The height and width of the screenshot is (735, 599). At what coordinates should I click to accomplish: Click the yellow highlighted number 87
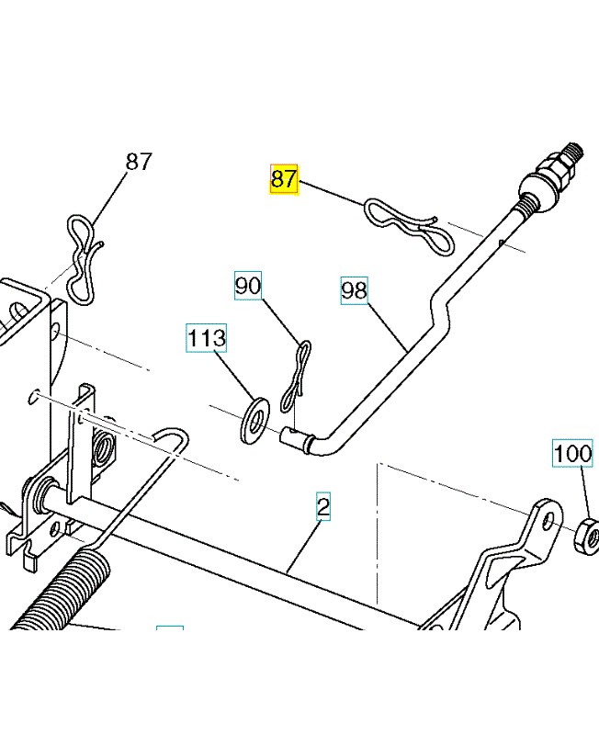coord(284,178)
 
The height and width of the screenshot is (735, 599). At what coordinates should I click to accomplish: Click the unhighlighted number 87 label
coord(138,163)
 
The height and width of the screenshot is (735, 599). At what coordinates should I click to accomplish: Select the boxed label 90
coord(248,287)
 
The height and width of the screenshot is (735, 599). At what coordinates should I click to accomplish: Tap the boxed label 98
coord(354,291)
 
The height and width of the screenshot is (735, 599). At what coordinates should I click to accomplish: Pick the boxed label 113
coord(206,338)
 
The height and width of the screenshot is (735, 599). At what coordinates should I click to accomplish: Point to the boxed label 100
coord(572,454)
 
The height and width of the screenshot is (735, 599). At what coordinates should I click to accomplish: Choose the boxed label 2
coord(323,505)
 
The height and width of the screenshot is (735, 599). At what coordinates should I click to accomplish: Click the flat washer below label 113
coord(253,419)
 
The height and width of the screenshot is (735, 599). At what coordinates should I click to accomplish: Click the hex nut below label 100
coord(585,536)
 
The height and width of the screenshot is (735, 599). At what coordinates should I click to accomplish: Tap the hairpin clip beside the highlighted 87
coord(410,224)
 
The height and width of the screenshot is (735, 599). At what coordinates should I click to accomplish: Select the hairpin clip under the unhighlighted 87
coord(85,257)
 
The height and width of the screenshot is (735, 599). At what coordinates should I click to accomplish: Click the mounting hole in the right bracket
coord(548,522)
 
